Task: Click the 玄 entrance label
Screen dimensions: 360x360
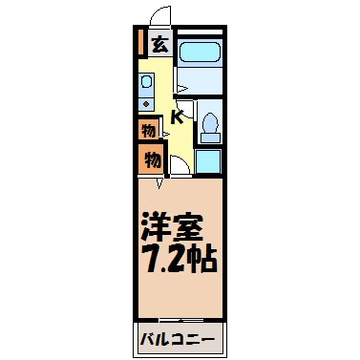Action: pos(159,44)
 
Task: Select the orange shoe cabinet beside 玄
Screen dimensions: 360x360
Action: pos(140,43)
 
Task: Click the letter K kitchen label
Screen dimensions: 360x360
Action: pos(178,117)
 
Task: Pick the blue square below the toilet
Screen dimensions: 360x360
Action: pos(209,159)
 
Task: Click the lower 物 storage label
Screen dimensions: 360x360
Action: pos(152,159)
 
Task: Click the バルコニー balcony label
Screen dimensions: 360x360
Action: pos(180,339)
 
